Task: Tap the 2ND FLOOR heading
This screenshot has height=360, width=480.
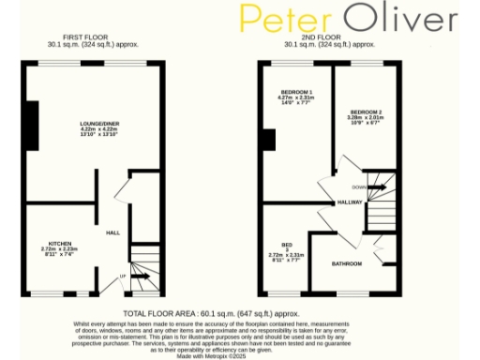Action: [330, 38]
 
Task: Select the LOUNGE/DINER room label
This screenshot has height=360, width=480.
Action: [97, 123]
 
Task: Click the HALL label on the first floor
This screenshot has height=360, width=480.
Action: [112, 232]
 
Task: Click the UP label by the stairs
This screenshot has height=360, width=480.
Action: [123, 277]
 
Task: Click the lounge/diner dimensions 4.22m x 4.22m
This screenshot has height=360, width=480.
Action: [97, 128]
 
